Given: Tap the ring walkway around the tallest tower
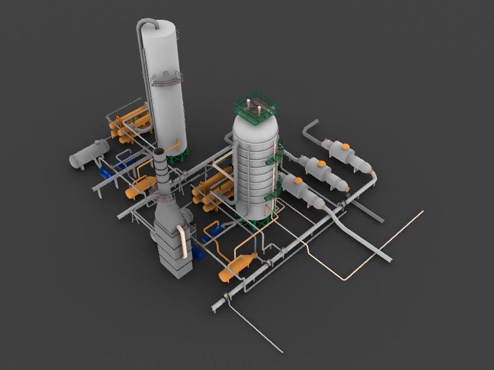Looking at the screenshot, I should point(166,78).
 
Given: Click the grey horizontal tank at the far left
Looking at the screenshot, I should point(88,154).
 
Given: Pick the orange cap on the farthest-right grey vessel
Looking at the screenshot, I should point(345,147).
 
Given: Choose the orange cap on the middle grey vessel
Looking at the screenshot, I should point(321,163).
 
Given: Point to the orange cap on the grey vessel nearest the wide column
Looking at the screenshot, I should point(298,181).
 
